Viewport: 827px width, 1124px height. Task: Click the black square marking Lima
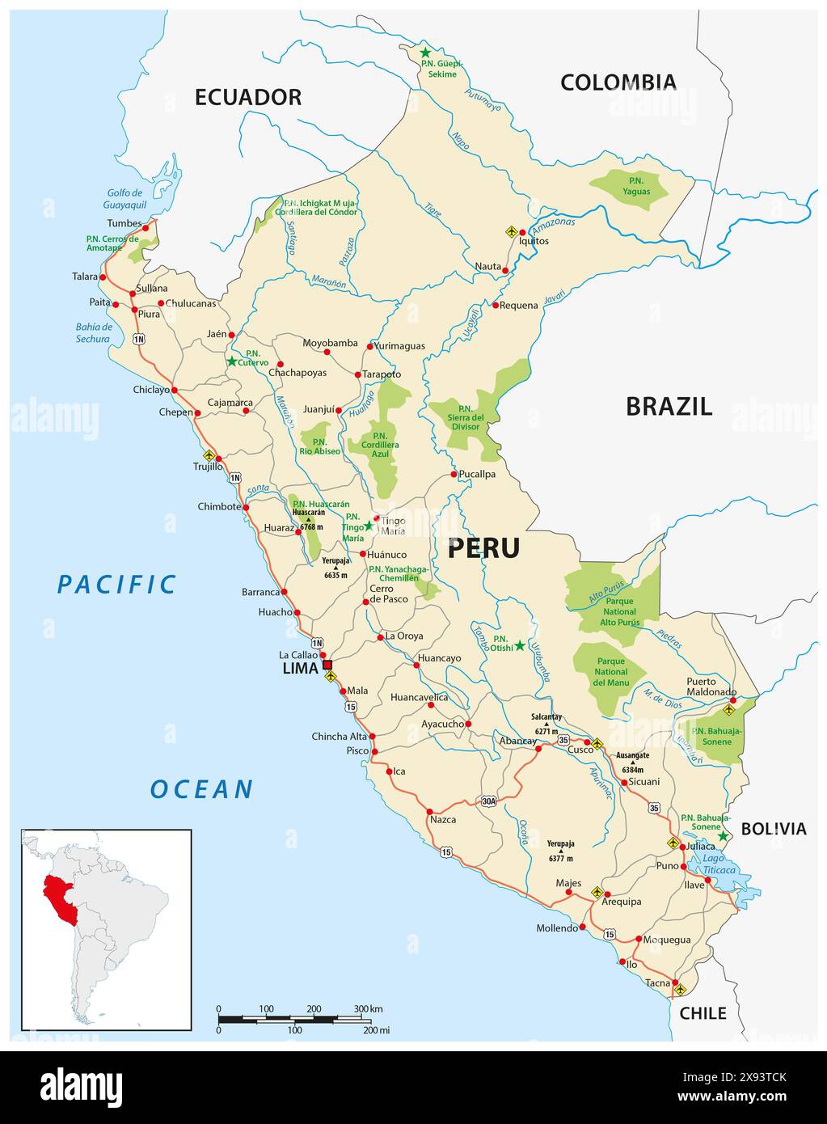(x=327, y=665)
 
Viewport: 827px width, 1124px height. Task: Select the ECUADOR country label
(x=247, y=97)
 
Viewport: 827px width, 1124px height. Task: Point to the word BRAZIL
(x=669, y=406)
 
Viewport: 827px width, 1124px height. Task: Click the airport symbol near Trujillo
(x=209, y=455)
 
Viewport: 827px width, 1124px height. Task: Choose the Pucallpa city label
(x=476, y=475)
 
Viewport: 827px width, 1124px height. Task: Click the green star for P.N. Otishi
(x=520, y=645)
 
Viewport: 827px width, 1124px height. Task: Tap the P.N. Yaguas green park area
(x=631, y=189)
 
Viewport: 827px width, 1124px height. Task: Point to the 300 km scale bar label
(x=368, y=1008)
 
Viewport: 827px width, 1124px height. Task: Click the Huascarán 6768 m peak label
(x=308, y=518)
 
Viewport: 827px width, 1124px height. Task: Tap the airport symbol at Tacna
(x=679, y=989)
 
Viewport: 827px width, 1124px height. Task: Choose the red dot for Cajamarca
(x=247, y=410)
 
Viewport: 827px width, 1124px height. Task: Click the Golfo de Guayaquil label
(x=124, y=199)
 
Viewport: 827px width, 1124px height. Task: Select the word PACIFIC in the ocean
(x=116, y=584)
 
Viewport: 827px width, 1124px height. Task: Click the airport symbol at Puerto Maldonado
(x=728, y=710)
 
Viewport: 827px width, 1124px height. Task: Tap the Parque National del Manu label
(x=610, y=672)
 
